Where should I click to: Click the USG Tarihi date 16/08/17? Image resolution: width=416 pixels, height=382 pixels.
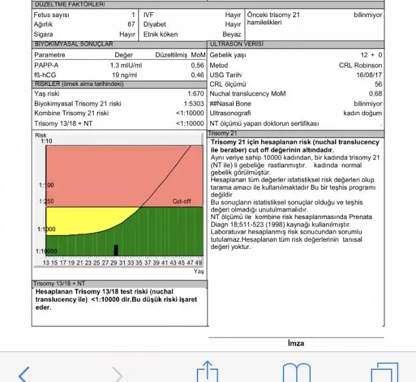click(369, 74)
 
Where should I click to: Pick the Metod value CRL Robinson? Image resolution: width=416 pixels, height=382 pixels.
click(361, 65)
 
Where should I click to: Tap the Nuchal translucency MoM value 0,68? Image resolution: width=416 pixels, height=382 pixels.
click(376, 94)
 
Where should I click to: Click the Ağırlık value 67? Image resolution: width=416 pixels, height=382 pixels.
click(131, 24)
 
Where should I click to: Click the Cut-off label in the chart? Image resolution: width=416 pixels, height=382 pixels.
click(182, 201)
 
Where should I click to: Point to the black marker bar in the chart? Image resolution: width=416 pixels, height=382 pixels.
click(115, 250)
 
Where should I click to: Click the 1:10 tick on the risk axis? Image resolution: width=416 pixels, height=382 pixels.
click(46, 141)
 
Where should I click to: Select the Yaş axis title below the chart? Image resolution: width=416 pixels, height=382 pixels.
click(198, 271)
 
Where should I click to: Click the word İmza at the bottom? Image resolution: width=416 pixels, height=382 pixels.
click(296, 343)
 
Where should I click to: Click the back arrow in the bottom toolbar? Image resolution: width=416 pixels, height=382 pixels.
click(24, 373)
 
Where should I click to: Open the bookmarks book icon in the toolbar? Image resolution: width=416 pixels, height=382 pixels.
click(296, 372)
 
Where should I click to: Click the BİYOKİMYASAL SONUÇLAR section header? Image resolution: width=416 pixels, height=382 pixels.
click(74, 45)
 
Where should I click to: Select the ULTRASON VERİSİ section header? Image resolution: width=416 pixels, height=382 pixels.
click(236, 45)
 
